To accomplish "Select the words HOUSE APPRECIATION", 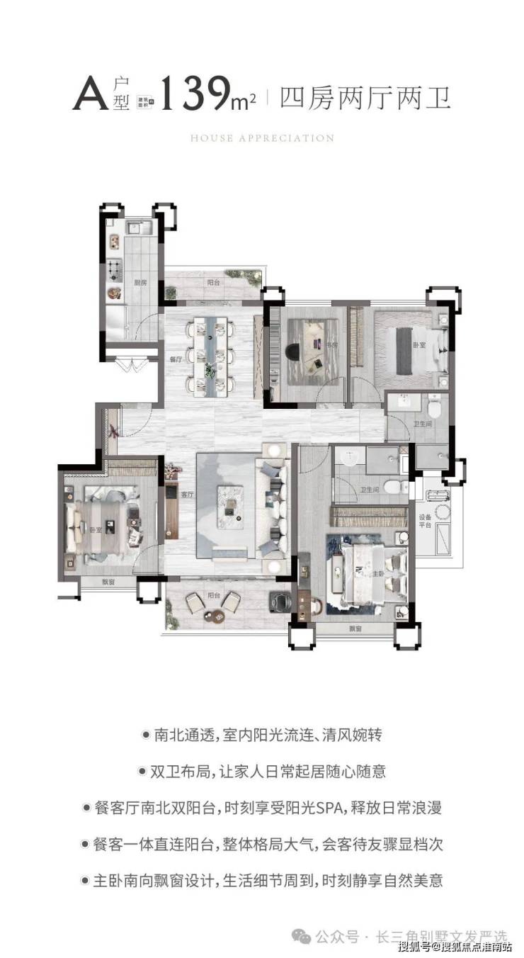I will click(262, 138).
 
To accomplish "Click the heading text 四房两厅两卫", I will click(365, 96).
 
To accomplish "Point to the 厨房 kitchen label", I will click(140, 282).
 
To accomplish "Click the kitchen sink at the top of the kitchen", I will click(135, 228).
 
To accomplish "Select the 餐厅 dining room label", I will click(176, 359).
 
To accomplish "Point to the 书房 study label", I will click(331, 345).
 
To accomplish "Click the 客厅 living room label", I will click(187, 495).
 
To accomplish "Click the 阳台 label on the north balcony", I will click(212, 281).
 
